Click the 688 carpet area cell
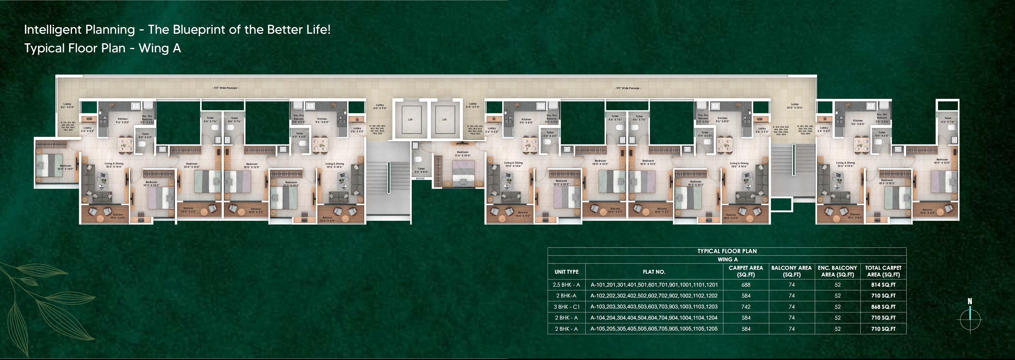coord(745,285)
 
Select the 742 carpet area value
coord(745,307)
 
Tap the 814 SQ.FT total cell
coord(883,285)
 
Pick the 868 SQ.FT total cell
coord(883,307)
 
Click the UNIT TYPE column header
coord(566,272)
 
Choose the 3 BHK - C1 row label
coord(566,307)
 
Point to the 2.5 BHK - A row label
coord(566,285)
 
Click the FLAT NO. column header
coord(654,272)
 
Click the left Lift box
coord(410,119)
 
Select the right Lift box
coord(444,119)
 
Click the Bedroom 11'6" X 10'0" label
coord(463,154)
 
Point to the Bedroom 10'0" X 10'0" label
coord(65,167)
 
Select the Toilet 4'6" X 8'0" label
coord(421,170)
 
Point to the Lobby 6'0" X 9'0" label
coord(380,106)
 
